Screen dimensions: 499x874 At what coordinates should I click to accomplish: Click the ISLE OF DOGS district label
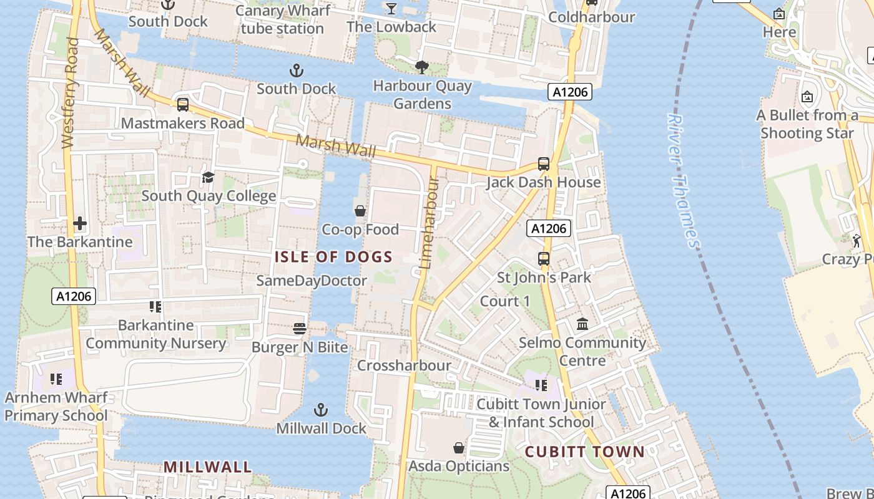tap(334, 257)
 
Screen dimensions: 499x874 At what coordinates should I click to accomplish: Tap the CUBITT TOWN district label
tap(585, 452)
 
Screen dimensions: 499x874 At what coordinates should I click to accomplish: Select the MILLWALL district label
tap(208, 467)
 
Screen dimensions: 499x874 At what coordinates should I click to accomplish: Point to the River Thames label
tap(684, 181)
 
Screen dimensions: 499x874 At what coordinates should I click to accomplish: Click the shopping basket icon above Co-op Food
tap(360, 211)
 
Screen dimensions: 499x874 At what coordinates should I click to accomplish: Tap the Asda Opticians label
tap(459, 466)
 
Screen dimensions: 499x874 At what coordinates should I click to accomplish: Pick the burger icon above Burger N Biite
tap(300, 328)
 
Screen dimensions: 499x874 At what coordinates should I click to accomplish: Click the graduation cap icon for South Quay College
tap(208, 178)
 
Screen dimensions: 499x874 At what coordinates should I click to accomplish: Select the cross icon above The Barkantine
tap(80, 223)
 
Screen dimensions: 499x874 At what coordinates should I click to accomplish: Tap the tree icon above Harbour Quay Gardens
tap(422, 67)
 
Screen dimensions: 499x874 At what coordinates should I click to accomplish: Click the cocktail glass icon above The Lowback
tap(391, 8)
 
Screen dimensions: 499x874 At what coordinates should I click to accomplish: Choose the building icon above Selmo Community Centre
tap(582, 324)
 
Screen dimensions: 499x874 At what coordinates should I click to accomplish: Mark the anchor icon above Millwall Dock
tap(320, 410)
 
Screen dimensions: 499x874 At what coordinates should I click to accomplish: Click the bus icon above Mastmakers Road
tap(183, 105)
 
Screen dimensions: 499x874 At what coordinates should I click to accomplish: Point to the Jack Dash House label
tap(544, 182)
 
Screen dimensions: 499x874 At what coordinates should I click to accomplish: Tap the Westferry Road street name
tap(70, 94)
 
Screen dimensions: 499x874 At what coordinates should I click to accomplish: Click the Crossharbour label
tap(404, 366)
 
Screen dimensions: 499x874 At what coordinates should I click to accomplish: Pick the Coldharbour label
tap(591, 17)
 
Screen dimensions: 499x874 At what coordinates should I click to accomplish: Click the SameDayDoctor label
tap(312, 281)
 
